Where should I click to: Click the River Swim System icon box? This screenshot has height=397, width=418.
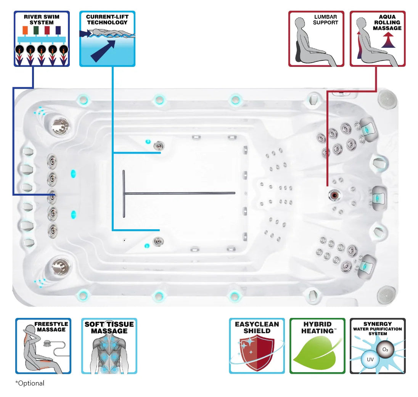[42, 39]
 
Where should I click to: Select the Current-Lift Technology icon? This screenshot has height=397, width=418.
[107, 39]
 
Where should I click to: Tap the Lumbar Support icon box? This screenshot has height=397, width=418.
[316, 39]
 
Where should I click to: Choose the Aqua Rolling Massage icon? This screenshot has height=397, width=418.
[378, 39]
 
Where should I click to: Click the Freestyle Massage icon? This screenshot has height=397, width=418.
[43, 346]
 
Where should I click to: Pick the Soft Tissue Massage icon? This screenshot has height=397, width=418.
[109, 346]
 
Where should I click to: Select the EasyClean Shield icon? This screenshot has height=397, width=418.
[257, 346]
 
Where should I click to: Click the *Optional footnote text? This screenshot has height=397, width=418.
[30, 383]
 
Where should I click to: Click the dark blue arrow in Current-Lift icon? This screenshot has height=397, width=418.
[103, 50]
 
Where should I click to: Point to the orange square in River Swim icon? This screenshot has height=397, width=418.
[25, 30]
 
